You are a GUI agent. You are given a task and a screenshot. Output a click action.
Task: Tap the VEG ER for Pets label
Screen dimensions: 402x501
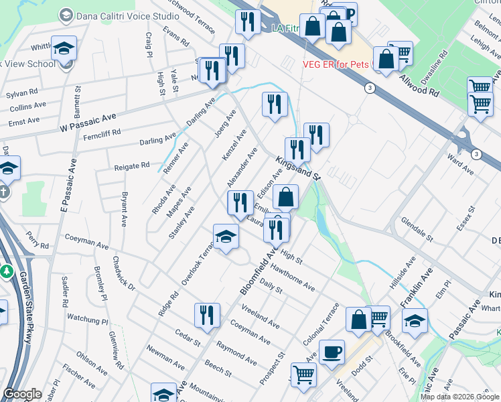point(328,64)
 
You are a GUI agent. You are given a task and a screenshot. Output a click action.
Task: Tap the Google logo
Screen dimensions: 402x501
point(22,394)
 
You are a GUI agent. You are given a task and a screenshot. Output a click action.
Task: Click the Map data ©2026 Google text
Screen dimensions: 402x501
point(459,397)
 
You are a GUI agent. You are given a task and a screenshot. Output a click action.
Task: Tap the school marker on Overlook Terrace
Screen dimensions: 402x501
point(226,236)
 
